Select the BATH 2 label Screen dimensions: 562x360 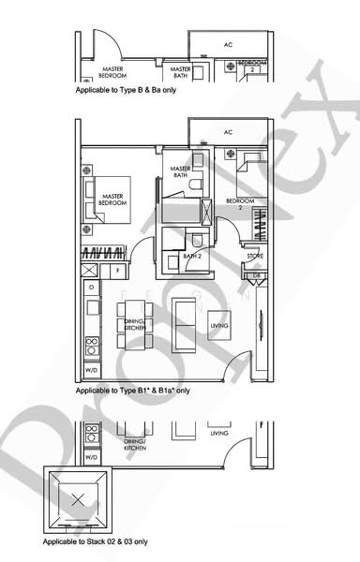click(193, 255)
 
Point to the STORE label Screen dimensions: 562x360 click(254, 256)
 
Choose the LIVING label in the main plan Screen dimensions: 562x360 click(219, 326)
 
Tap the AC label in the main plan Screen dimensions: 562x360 click(228, 132)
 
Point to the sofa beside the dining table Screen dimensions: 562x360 click(182, 323)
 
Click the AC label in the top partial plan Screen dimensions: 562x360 click(228, 44)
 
